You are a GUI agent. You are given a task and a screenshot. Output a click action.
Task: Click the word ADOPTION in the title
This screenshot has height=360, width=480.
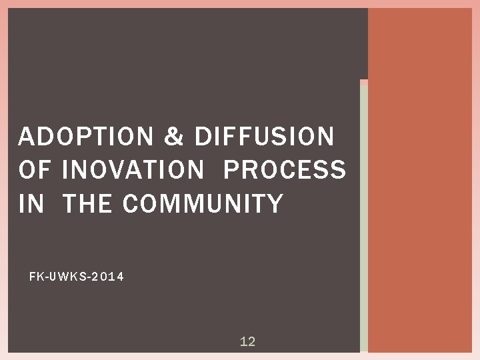tap(85, 137)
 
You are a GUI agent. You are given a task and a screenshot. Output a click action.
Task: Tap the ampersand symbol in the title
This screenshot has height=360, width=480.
tap(173, 137)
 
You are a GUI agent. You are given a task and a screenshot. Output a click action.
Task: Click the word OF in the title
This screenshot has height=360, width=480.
tap(35, 170)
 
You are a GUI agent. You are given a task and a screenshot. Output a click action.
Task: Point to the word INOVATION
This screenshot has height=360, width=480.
tap(132, 170)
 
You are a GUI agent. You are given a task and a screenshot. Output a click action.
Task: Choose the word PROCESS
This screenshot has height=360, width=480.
tap(285, 170)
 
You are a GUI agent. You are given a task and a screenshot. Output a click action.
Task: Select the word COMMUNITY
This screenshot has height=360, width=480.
tap(203, 203)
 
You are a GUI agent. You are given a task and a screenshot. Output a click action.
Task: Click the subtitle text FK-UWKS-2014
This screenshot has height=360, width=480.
tap(77, 276)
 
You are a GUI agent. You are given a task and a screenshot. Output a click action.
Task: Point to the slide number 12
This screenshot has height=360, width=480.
tap(247, 342)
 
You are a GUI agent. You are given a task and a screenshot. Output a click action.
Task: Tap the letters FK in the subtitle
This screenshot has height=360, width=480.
tap(35, 276)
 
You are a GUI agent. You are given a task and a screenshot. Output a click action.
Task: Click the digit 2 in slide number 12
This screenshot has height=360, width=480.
tap(251, 342)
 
